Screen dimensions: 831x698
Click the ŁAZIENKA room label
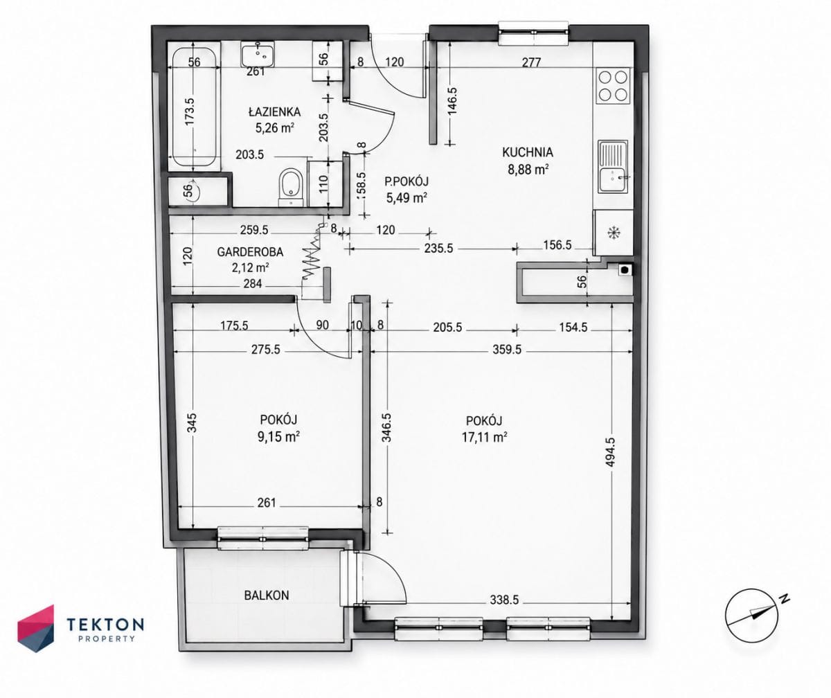(x=275, y=112)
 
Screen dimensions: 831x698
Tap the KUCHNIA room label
(x=528, y=152)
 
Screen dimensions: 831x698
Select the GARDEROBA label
(x=250, y=252)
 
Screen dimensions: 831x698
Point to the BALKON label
(x=267, y=596)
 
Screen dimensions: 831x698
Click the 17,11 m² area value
(x=484, y=438)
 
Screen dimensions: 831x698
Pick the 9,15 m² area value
(x=278, y=437)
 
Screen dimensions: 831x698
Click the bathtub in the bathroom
(x=194, y=107)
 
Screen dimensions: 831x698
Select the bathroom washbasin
(x=258, y=55)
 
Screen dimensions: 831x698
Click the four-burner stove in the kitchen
(x=614, y=85)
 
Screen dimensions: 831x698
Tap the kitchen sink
(x=613, y=166)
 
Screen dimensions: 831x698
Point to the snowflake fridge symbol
(x=614, y=233)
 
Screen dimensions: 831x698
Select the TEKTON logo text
(x=105, y=624)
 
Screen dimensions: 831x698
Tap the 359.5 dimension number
(x=507, y=350)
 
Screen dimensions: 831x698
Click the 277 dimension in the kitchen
(x=531, y=62)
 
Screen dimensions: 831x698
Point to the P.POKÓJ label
(x=406, y=181)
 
